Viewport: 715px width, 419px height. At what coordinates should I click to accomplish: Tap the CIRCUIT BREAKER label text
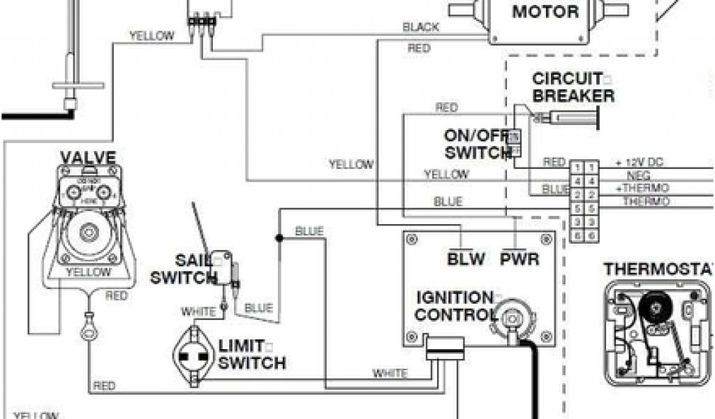(573, 87)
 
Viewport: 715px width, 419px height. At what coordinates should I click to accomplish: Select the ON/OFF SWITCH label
(477, 144)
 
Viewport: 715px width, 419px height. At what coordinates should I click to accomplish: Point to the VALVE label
(87, 156)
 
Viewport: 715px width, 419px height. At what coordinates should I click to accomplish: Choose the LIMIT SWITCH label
(251, 355)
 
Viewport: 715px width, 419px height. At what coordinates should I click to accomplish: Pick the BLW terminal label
(466, 260)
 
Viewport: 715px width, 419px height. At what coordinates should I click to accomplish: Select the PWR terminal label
(519, 260)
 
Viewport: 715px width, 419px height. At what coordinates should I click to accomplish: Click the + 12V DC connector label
(639, 163)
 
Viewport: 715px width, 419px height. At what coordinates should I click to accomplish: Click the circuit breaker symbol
(567, 119)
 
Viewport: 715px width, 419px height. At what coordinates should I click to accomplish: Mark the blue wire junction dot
(279, 238)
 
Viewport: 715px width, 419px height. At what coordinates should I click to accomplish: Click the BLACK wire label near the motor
(421, 27)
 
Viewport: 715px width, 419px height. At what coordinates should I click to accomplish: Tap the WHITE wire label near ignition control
(390, 373)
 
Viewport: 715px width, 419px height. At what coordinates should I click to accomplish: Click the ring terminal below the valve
(88, 332)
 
